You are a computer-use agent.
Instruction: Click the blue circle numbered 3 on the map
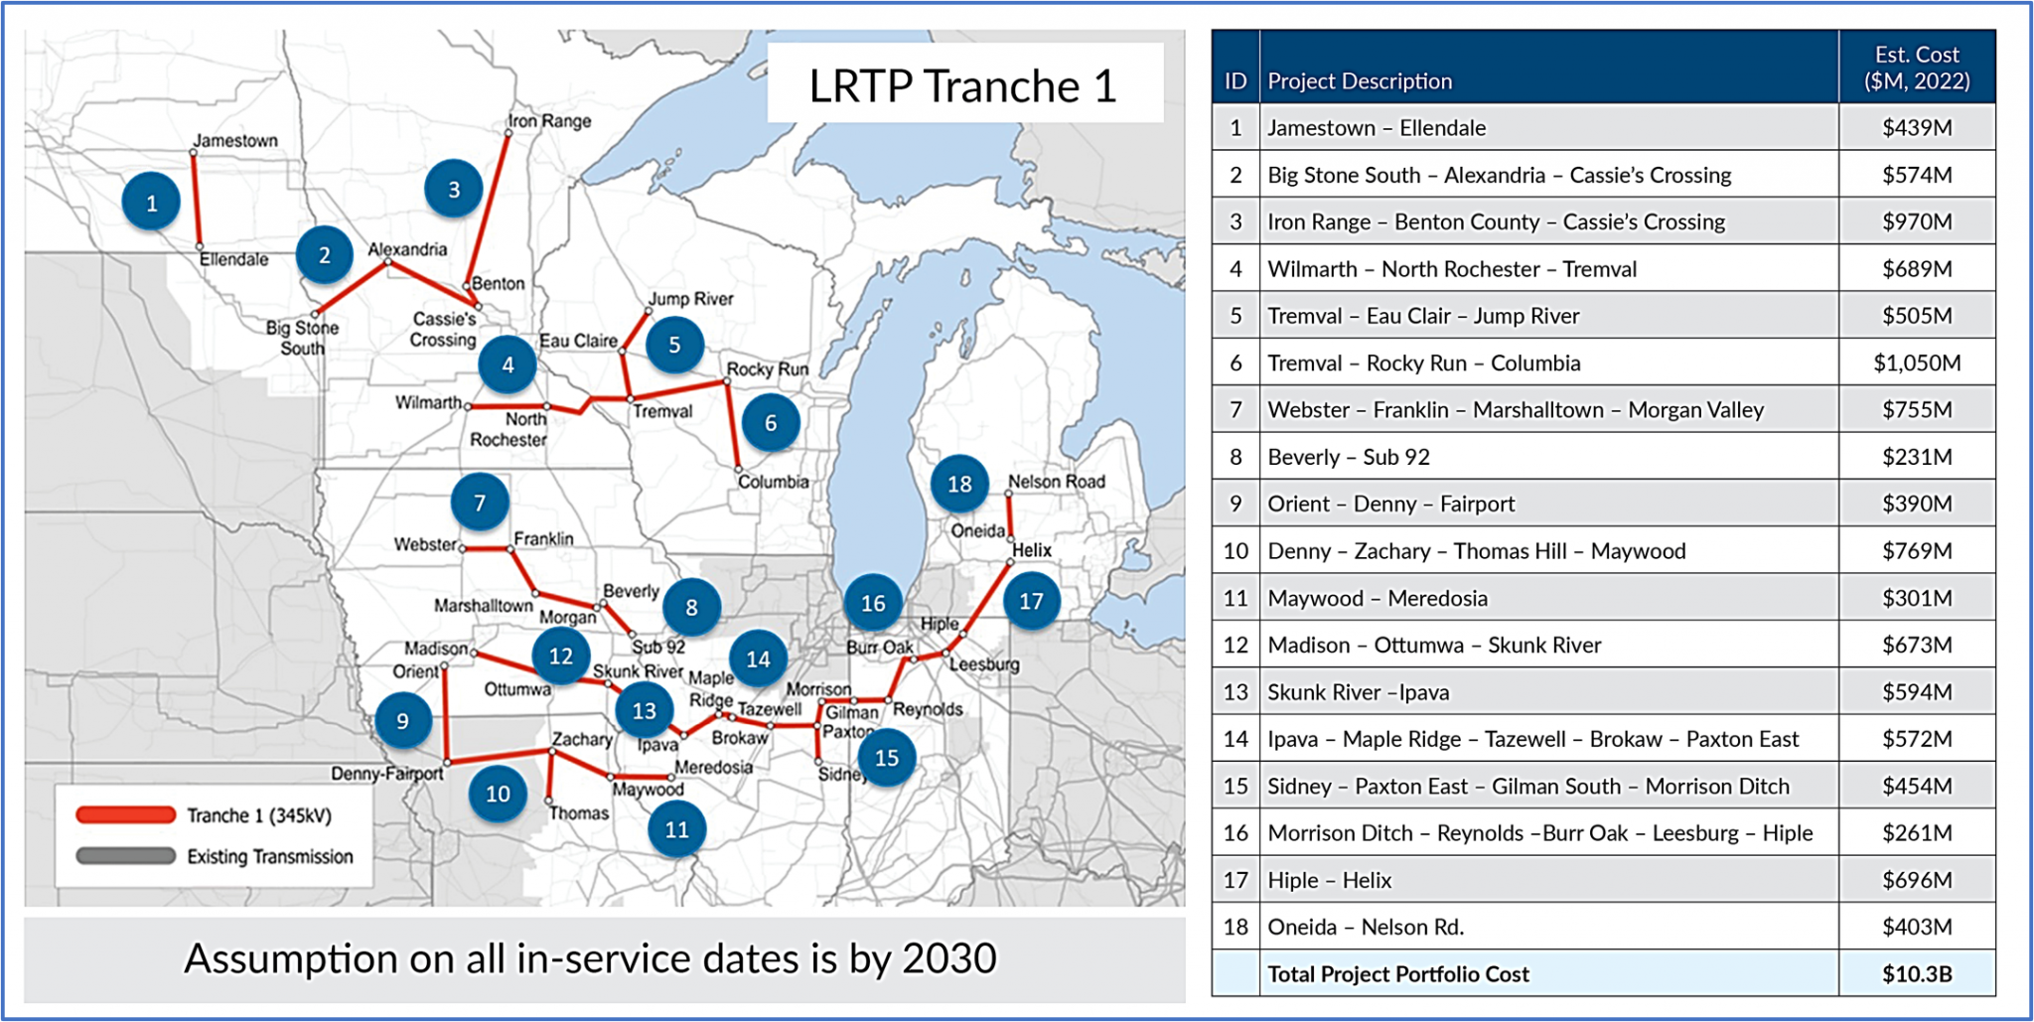(x=454, y=189)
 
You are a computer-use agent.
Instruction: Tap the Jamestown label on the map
(x=235, y=140)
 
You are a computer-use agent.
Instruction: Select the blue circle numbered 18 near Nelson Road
(x=959, y=484)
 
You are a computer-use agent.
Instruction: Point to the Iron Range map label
(x=550, y=121)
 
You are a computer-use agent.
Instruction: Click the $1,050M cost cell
(x=1916, y=363)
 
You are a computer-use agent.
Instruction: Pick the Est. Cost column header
(x=1916, y=68)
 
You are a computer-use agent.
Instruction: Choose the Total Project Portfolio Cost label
(x=1397, y=974)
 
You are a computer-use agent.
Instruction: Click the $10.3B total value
(x=1916, y=974)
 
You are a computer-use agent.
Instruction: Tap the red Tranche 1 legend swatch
(x=126, y=815)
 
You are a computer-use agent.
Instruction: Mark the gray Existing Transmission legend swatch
(x=126, y=856)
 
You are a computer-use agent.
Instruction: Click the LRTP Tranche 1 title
(x=962, y=85)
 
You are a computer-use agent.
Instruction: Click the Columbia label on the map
(x=773, y=482)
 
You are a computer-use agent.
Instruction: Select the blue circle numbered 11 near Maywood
(x=676, y=829)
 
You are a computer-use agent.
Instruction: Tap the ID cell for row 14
(x=1235, y=739)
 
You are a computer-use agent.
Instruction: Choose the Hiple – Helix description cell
(x=1329, y=880)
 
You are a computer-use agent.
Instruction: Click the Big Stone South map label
(x=302, y=338)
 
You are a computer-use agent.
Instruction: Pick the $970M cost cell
(x=1916, y=221)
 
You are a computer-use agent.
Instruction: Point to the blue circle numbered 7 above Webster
(x=480, y=503)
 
